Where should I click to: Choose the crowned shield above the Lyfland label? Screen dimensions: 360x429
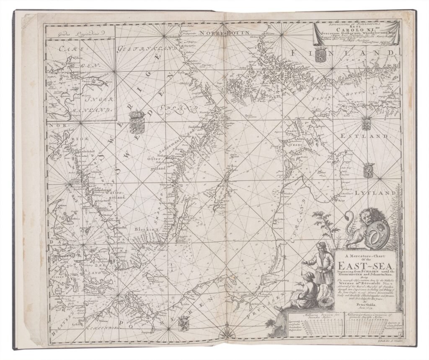(x=368, y=169)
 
